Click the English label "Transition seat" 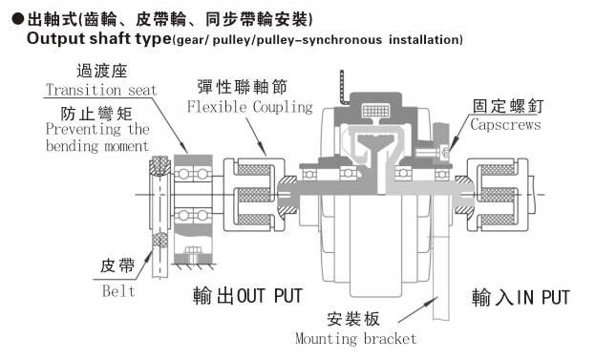pos(101,90)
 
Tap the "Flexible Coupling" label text pos(250,107)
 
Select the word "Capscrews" pos(505,124)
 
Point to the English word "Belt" pos(118,291)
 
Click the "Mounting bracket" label pos(356,338)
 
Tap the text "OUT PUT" pos(269,296)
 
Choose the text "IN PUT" pos(543,297)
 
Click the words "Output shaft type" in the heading pos(99,39)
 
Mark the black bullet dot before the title pos(18,18)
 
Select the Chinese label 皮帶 pos(117,265)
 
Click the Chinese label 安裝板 pos(353,319)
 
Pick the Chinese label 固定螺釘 pos(508,106)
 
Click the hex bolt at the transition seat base pos(192,252)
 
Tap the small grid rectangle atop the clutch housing pos(376,111)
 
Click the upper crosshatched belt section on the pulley pos(159,165)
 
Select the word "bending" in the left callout pos(72,146)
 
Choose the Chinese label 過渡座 pos(101,71)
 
